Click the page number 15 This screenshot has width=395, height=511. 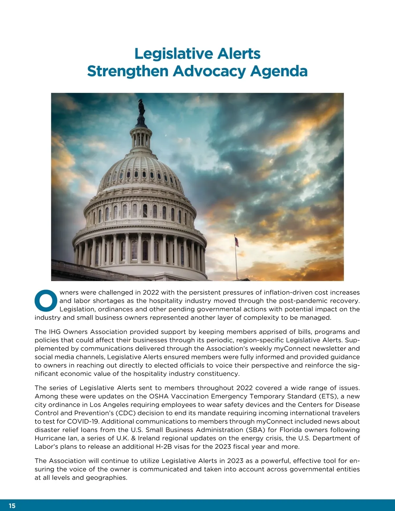(x=12, y=506)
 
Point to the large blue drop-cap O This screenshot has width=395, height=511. (x=46, y=300)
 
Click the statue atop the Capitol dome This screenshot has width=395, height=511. (x=142, y=107)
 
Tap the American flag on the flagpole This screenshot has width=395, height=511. (x=236, y=242)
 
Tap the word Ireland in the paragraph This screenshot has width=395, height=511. (x=149, y=438)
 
